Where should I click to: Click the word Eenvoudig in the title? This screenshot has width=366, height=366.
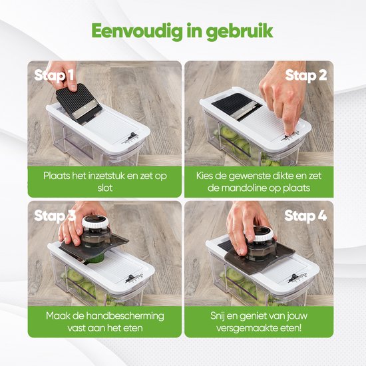(x=137, y=31)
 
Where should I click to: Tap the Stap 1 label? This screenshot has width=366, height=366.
(x=54, y=76)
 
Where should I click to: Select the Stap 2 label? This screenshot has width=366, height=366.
(x=306, y=76)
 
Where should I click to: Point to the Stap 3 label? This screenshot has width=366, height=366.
(x=55, y=216)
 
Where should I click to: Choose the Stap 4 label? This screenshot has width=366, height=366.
(x=305, y=216)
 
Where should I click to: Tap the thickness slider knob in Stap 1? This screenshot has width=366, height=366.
(x=132, y=136)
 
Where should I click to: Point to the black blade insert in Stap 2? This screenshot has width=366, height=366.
(x=236, y=106)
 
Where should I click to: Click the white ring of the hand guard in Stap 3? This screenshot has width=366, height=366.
(x=95, y=222)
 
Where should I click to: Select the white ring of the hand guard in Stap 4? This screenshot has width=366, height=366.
(x=261, y=236)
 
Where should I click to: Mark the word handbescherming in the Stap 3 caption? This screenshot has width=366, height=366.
(x=125, y=316)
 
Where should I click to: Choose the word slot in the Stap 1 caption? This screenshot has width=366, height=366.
(x=105, y=188)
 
